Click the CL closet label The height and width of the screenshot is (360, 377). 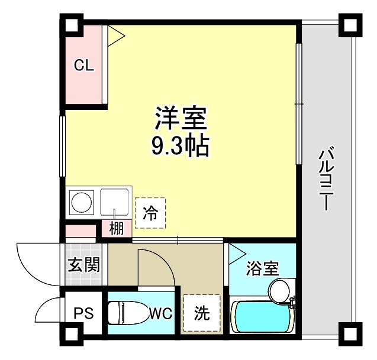pyautogui.click(x=83, y=66)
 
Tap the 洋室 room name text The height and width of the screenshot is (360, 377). pyautogui.click(x=181, y=118)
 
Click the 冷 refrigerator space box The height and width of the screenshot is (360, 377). pyautogui.click(x=150, y=213)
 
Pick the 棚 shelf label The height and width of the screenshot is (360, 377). pyautogui.click(x=116, y=228)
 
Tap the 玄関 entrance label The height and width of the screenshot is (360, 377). pyautogui.click(x=83, y=265)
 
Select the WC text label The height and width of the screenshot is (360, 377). pyautogui.click(x=160, y=313)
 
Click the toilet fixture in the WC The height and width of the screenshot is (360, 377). pyautogui.click(x=127, y=312)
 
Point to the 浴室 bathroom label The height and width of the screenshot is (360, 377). pyautogui.click(x=263, y=268)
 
